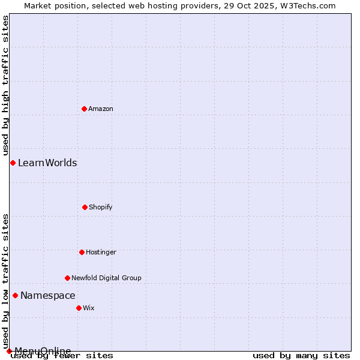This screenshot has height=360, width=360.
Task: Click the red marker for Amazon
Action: click(84, 109)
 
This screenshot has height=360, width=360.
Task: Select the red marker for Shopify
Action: click(85, 207)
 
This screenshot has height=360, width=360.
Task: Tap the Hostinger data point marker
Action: click(82, 252)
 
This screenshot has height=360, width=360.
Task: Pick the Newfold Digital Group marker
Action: click(67, 278)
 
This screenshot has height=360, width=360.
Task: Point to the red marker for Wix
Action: click(79, 308)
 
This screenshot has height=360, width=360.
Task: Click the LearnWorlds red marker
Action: click(13, 163)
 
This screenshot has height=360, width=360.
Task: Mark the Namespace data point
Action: click(15, 295)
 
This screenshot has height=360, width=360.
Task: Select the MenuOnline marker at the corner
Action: click(9, 351)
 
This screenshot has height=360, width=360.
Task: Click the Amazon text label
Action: click(101, 109)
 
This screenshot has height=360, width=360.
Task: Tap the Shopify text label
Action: click(101, 207)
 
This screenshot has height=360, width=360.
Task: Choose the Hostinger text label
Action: click(101, 252)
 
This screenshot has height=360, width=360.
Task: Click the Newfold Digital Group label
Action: click(106, 278)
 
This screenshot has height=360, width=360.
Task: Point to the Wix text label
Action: click(89, 308)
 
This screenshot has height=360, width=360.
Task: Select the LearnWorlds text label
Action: click(47, 163)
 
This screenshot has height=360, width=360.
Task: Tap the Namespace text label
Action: click(48, 295)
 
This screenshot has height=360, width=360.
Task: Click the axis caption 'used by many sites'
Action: click(301, 355)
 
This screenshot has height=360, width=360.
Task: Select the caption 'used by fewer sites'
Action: click(62, 355)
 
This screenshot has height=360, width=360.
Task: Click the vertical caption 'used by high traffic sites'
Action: click(5, 85)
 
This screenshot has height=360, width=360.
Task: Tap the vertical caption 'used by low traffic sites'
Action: click(5, 281)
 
